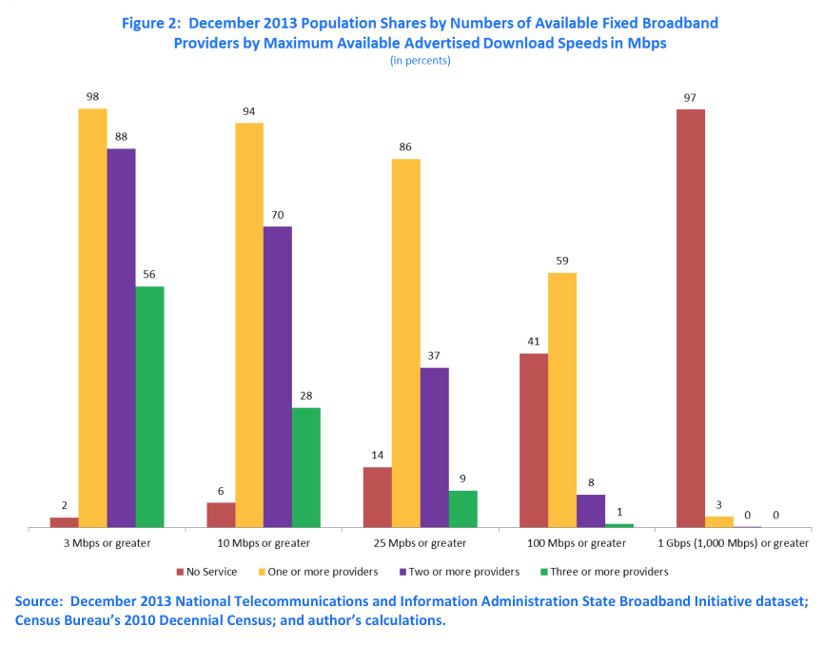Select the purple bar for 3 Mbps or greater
coord(121,338)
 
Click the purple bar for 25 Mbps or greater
coord(434,447)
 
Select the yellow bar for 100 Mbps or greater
coord(562,400)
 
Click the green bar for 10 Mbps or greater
coord(305,467)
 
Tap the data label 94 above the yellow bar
coord(249,111)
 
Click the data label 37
coord(434,356)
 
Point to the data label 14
coord(377,456)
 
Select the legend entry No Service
coord(204,572)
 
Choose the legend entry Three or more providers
coord(604,572)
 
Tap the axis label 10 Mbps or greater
coord(264,543)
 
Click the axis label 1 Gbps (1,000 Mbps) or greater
coord(734,543)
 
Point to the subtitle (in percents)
coord(420,60)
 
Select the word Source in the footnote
coord(39,601)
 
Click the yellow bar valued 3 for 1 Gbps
coord(719,521)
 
